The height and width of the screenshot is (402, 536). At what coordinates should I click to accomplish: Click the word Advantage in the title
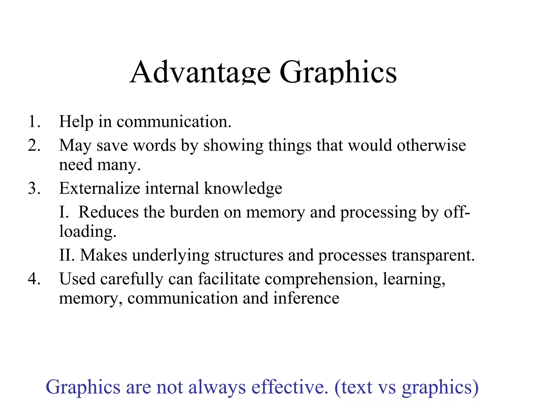pyautogui.click(x=200, y=72)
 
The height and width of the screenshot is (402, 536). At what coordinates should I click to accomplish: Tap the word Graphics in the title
pyautogui.click(x=338, y=72)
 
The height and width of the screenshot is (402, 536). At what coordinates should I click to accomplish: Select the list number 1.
pyautogui.click(x=34, y=122)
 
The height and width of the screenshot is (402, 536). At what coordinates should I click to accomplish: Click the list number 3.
pyautogui.click(x=34, y=188)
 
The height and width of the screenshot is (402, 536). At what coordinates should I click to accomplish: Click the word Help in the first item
pyautogui.click(x=76, y=122)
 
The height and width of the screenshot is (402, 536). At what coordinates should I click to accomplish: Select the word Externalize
pyautogui.click(x=100, y=188)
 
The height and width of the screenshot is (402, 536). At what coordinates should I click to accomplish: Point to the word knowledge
pyautogui.click(x=243, y=188)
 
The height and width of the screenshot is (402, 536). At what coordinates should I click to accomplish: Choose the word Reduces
pyautogui.click(x=108, y=212)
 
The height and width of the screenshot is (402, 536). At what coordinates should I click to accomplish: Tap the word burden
pyautogui.click(x=194, y=212)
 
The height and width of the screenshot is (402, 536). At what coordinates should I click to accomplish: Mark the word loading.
pyautogui.click(x=88, y=232)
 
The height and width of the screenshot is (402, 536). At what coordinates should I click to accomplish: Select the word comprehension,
pyautogui.click(x=321, y=279)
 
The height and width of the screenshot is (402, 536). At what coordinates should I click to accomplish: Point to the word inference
pyautogui.click(x=306, y=298)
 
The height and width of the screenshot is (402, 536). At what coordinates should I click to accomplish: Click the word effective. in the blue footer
pyautogui.click(x=290, y=387)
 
